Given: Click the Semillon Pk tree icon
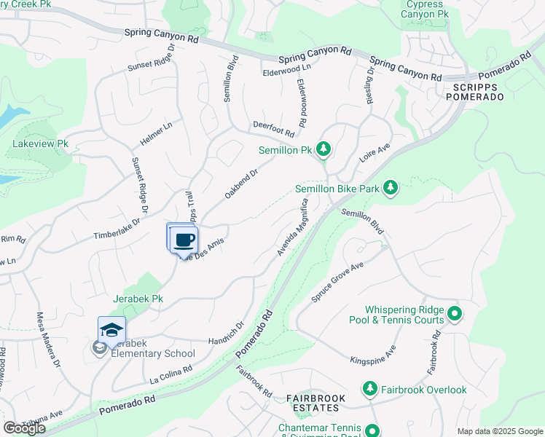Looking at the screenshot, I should [x=324, y=150].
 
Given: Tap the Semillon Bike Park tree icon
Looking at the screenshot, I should [x=391, y=189].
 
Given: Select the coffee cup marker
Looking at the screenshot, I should [x=185, y=240].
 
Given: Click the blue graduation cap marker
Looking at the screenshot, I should [x=111, y=330].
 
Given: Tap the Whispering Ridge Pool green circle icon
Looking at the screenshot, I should [x=455, y=314].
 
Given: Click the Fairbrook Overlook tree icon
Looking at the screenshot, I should [x=369, y=390].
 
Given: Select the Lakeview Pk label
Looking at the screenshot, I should [x=40, y=144].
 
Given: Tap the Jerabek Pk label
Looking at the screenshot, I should [x=138, y=299].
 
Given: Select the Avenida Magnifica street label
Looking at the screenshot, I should [x=294, y=227].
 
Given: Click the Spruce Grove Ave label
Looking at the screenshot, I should [x=337, y=280].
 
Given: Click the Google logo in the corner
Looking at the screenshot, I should [x=24, y=428].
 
